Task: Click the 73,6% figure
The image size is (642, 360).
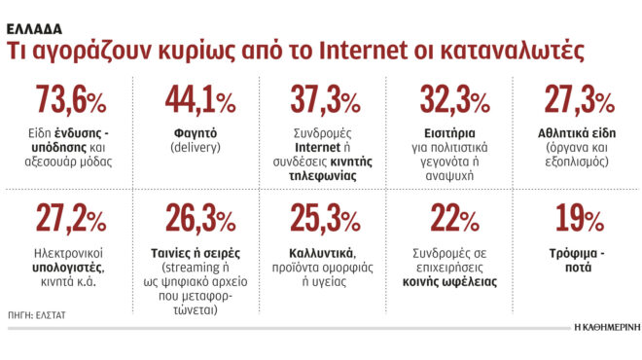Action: click(71, 102)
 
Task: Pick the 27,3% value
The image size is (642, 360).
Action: click(579, 102)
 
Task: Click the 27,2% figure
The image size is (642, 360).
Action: click(71, 220)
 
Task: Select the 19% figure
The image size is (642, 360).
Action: click(579, 220)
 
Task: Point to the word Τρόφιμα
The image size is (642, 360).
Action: click(574, 250)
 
